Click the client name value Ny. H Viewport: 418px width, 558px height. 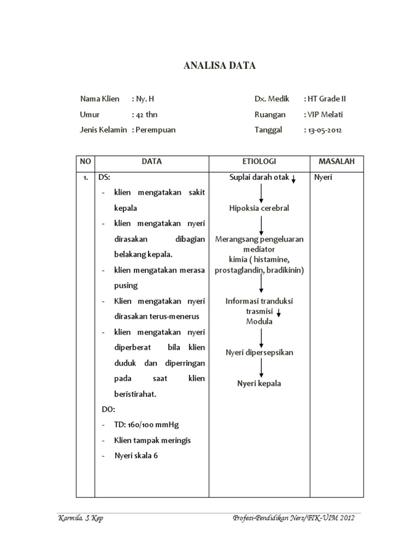point(145,99)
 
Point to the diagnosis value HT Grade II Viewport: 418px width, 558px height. point(327,99)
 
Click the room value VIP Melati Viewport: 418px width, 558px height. point(325,114)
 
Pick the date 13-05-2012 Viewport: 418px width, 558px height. point(325,130)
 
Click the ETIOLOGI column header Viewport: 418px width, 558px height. point(259,162)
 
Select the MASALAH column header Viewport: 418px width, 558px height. point(336,162)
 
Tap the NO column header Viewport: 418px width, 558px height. point(85,162)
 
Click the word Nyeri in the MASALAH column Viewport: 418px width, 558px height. point(323,178)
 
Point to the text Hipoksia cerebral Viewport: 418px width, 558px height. point(259,208)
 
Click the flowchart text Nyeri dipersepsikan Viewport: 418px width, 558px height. point(260,353)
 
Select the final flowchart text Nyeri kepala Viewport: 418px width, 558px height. point(259,384)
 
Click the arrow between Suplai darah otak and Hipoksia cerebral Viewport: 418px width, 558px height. point(262,193)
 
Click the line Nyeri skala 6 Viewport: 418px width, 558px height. point(136,456)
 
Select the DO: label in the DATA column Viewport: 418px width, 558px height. point(108,409)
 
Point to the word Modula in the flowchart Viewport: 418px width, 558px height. point(259,322)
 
